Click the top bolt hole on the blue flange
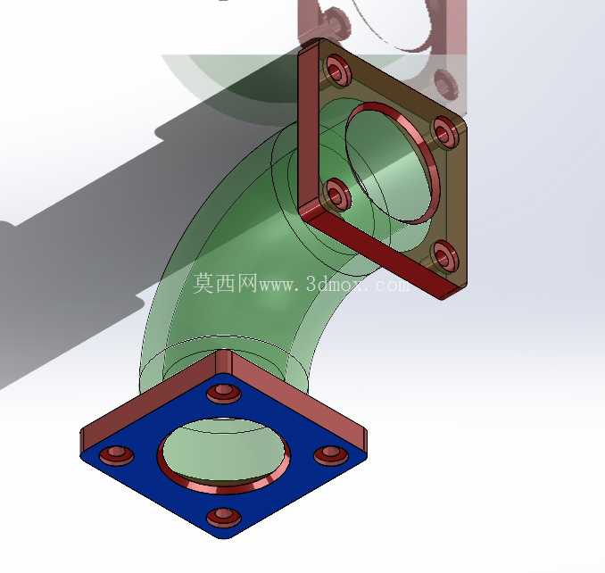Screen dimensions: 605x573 (224, 393)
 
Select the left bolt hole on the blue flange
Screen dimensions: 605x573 (116, 454)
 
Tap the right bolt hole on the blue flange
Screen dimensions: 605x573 (331, 454)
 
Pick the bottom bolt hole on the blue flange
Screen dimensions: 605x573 (224, 517)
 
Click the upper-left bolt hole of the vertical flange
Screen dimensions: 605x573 (337, 71)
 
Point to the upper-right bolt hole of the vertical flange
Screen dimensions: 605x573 (445, 132)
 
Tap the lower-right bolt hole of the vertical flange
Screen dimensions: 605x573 (445, 255)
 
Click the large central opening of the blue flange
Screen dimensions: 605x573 (224, 450)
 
